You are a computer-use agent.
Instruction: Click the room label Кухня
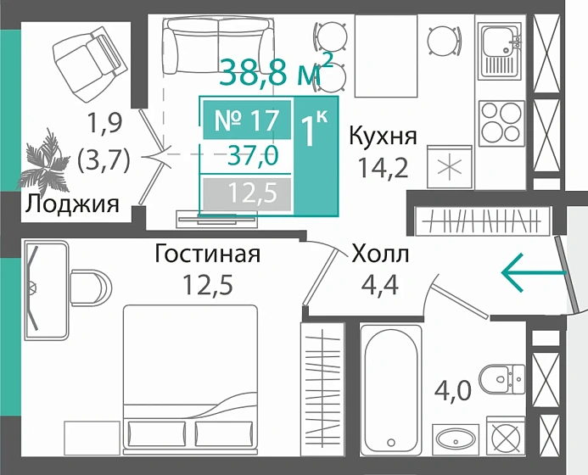point(383,136)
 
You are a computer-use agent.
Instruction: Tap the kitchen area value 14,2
point(383,167)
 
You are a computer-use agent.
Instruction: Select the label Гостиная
point(207,254)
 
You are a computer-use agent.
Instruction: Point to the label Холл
point(380,254)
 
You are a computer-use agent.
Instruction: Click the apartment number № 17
point(245,120)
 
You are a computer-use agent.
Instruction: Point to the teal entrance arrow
point(533,272)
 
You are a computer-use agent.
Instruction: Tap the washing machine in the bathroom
point(506,442)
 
